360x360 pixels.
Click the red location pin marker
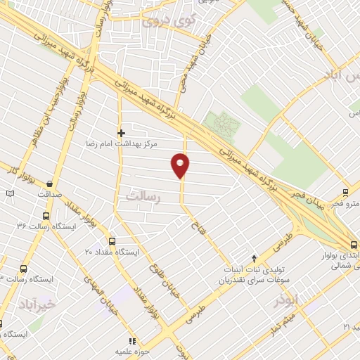coord(181,165)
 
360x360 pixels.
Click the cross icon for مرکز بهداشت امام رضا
coord(121,131)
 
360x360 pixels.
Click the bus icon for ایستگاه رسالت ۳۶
coord(46,217)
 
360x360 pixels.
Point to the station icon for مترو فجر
coord(345,192)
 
